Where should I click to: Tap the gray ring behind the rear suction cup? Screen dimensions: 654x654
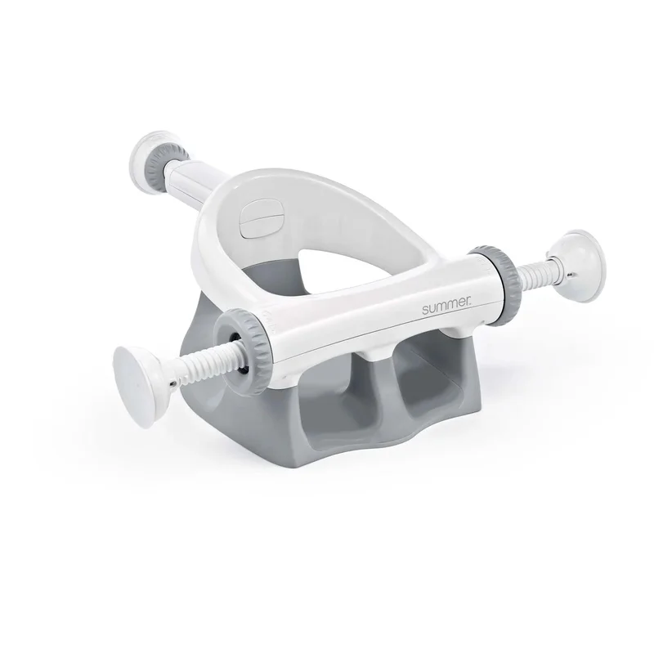[x=167, y=164]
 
